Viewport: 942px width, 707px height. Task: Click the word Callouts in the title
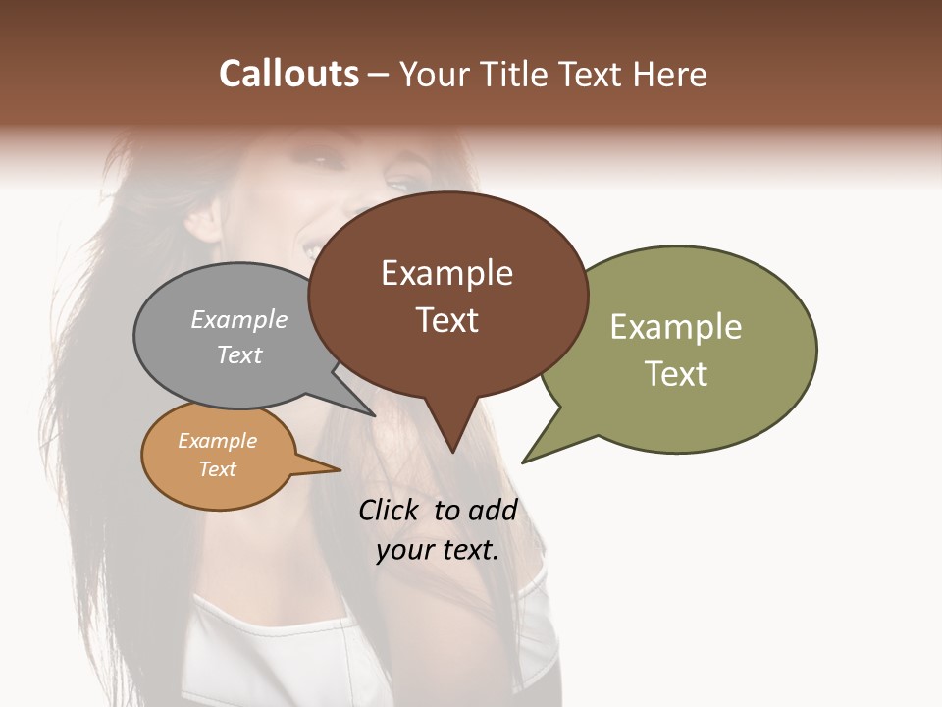coord(288,74)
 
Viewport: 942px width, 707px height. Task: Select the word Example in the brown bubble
coord(446,273)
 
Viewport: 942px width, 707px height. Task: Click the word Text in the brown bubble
coord(446,320)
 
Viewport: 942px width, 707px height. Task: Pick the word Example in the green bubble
coord(675,327)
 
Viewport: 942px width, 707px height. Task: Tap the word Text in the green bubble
coord(676,374)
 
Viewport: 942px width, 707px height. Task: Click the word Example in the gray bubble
coord(238,319)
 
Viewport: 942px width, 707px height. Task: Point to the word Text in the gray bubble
coord(238,354)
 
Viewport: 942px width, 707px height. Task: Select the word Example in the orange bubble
coord(217,441)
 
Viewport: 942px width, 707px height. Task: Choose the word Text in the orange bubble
coord(217,469)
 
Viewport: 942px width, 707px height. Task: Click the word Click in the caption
coord(388,510)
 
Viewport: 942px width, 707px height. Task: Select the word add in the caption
coord(493,510)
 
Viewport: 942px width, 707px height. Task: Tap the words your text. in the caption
coord(438,550)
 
